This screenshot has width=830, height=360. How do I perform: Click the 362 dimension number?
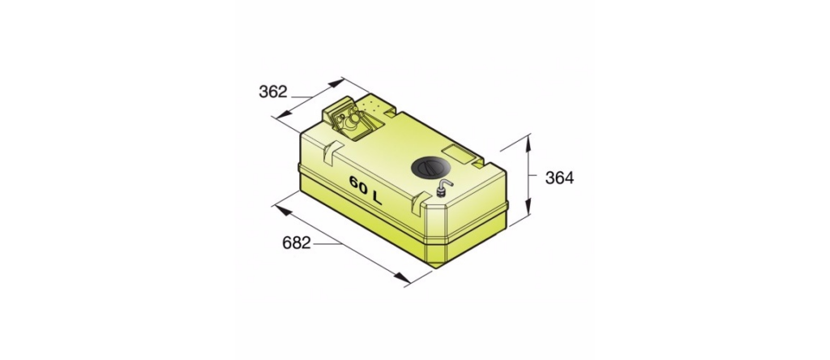tap(272, 92)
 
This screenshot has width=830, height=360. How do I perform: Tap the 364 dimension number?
tap(559, 178)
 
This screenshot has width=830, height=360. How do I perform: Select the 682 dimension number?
tap(297, 243)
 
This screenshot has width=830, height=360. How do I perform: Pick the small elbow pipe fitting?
tap(443, 186)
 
